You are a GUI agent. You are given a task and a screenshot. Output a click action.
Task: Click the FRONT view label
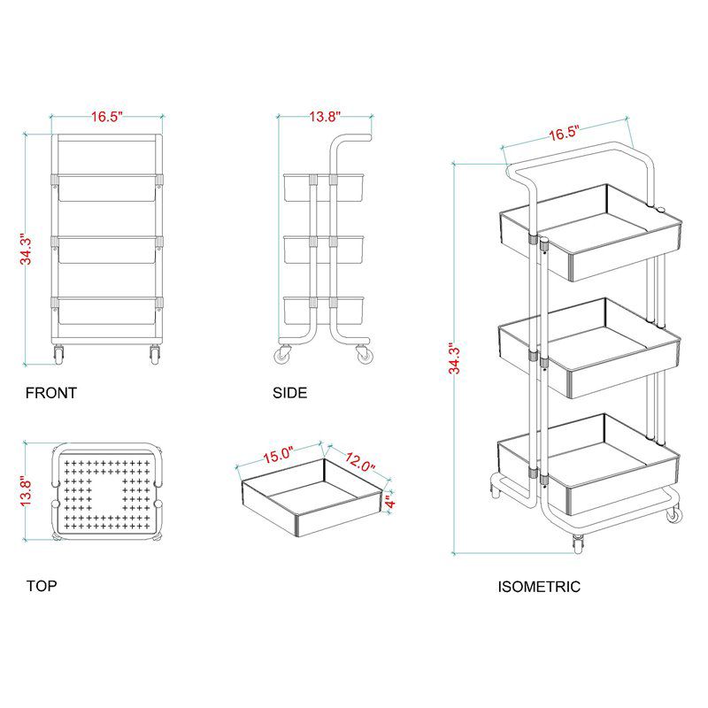click(x=51, y=393)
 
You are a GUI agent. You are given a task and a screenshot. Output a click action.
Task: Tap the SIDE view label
click(x=290, y=393)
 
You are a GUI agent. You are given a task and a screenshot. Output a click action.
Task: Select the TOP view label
click(x=42, y=586)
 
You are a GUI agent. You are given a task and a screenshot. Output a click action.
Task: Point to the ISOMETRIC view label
click(x=539, y=587)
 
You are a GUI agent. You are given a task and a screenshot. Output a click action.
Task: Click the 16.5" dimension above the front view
click(x=107, y=117)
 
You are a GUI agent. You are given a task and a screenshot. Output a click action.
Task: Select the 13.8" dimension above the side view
click(x=325, y=117)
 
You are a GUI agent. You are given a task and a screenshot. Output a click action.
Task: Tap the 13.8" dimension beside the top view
click(x=26, y=491)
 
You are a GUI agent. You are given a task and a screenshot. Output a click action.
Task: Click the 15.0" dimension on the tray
click(x=279, y=454)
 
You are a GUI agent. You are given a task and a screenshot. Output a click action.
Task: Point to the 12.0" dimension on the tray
click(x=359, y=461)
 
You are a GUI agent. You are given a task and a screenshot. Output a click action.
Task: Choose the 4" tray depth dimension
click(x=390, y=501)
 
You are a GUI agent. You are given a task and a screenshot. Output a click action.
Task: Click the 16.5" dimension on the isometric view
click(x=564, y=134)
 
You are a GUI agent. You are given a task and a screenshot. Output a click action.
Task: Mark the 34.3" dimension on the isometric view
click(x=455, y=358)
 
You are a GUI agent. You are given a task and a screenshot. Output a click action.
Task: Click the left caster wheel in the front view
click(x=58, y=355)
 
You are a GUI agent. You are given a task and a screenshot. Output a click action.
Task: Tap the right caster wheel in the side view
click(x=364, y=355)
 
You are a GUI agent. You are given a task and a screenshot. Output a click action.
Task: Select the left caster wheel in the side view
click(x=283, y=355)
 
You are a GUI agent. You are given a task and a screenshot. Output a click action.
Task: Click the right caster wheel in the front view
click(x=155, y=355)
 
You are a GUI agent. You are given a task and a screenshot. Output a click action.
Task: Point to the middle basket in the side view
click(x=323, y=250)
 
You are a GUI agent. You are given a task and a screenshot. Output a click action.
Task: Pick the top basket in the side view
click(x=323, y=188)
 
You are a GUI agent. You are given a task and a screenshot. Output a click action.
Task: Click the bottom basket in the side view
click(x=323, y=311)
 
